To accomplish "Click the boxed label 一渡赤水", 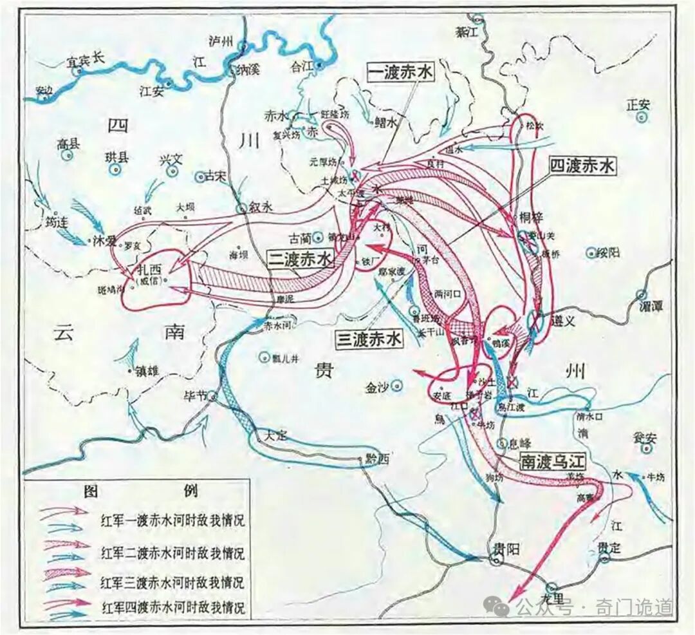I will coord(400,72).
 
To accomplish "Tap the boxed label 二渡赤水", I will coord(301,258).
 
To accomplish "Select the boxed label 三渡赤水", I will coord(369,339).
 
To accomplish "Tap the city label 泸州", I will coord(220,41).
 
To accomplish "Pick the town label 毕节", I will coord(197,395).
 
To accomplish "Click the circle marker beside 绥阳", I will coord(591,253).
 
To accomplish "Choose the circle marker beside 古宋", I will coord(199,176).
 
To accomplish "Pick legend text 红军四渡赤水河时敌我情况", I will coord(172,607).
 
